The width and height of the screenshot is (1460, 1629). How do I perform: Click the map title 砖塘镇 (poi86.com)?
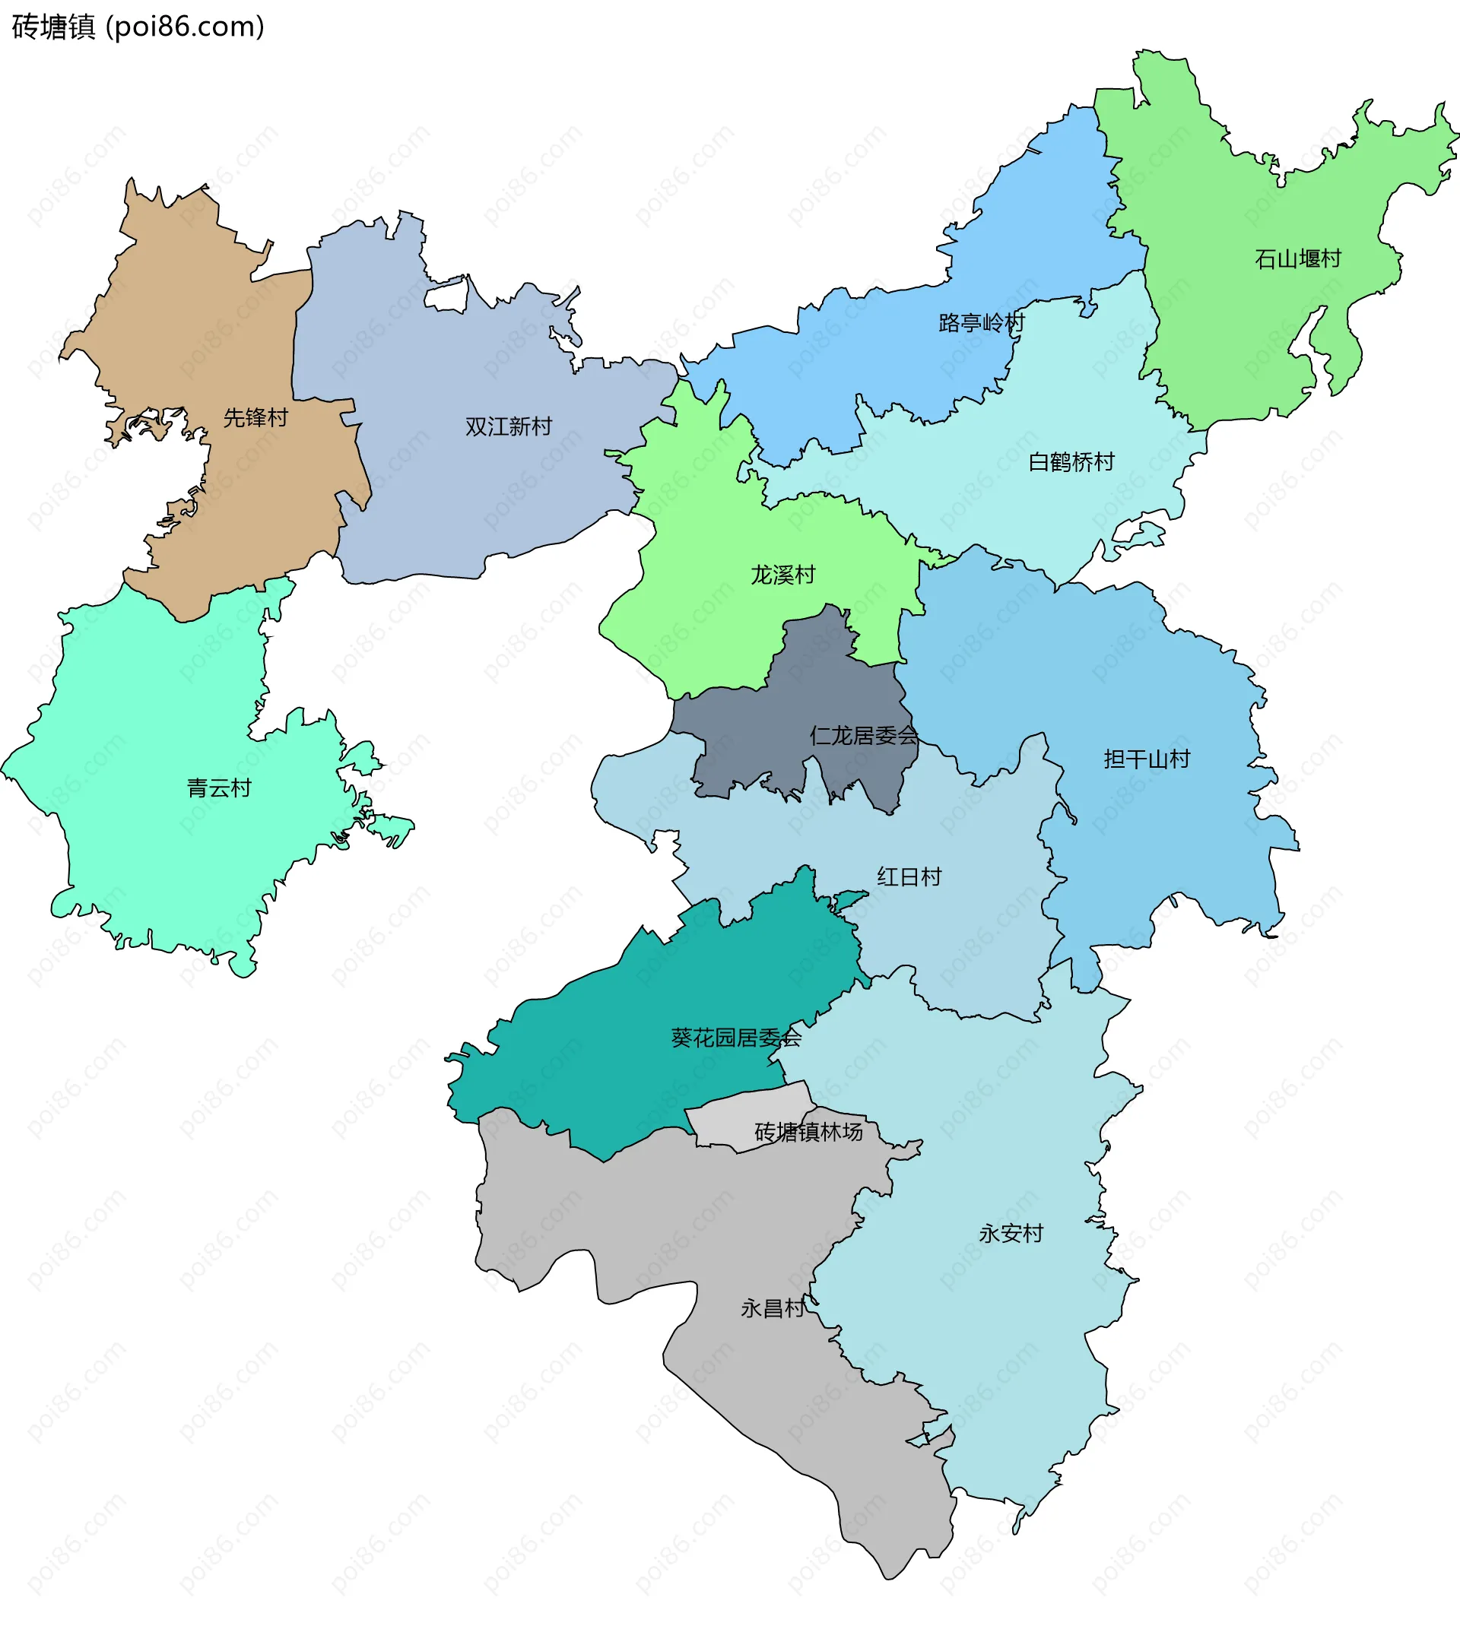pos(138,27)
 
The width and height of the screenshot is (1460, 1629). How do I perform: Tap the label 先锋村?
pos(255,418)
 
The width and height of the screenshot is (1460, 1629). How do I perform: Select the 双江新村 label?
pos(509,426)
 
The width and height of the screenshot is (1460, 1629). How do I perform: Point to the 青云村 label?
pos(219,788)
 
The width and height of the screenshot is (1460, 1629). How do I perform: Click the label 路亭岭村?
pos(981,323)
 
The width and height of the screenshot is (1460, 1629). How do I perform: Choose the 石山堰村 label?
pos(1297,259)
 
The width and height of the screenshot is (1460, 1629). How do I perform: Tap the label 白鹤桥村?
pos(1071,462)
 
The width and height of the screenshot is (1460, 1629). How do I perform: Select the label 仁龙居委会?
pos(863,736)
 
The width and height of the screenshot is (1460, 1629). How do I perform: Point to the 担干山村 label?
pos(1147,759)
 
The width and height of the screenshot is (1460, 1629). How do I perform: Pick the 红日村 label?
pos(909,876)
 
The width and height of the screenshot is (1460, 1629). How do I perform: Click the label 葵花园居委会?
pos(735,1038)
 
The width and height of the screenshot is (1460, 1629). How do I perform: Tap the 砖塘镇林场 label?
pos(808,1132)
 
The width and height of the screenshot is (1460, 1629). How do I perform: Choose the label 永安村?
pos(1011,1234)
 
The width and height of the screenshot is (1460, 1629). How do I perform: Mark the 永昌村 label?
pos(773,1308)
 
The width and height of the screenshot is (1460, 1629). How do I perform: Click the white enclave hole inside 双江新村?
pos(446,296)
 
